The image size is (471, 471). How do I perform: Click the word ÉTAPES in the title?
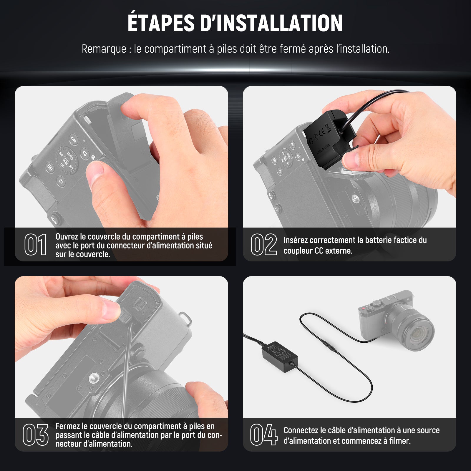161,23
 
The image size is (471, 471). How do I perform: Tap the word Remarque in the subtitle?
104,49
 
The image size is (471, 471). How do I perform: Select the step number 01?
35,245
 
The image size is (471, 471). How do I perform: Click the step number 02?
264,245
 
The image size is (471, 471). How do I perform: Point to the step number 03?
36,435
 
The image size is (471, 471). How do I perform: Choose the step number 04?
264,435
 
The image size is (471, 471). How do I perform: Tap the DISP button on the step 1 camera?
73,139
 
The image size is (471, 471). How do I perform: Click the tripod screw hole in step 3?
95,377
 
